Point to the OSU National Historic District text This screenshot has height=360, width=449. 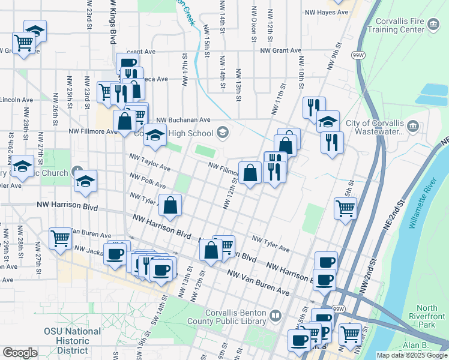click(x=72, y=341)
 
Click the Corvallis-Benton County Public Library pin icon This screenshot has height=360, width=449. click(x=276, y=314)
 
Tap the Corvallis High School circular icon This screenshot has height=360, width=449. click(x=223, y=133)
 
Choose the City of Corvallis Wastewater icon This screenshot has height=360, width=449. click(x=413, y=126)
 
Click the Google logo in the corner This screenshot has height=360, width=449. click(x=20, y=352)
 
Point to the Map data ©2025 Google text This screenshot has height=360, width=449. click(x=411, y=355)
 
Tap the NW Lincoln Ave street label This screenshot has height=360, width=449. click(x=16, y=100)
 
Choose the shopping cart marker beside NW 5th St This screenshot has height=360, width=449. click(x=345, y=209)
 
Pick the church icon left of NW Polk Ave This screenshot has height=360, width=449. click(x=76, y=172)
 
